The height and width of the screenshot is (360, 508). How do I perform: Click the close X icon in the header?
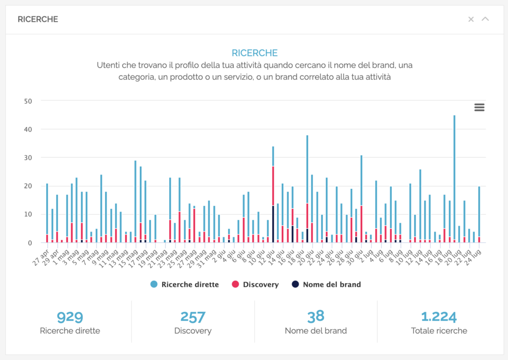pos(471,19)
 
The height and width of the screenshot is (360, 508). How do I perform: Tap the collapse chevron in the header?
pos(485,19)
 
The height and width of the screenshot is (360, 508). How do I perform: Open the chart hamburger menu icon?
pos(479,107)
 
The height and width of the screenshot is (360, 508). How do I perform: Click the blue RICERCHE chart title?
pos(254,53)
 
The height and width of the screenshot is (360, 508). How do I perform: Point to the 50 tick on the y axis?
pos(28,101)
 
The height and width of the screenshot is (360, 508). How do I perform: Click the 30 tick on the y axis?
pos(28,158)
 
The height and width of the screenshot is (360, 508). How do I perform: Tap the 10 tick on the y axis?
pos(28,215)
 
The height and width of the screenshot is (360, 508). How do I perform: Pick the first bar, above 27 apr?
pos(47,208)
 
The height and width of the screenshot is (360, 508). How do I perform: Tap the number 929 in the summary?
pos(70,317)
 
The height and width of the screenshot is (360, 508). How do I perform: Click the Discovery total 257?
pos(193,317)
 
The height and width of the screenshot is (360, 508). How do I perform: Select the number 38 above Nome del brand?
pos(316,316)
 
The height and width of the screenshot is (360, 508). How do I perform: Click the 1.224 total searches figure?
pos(439,317)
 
